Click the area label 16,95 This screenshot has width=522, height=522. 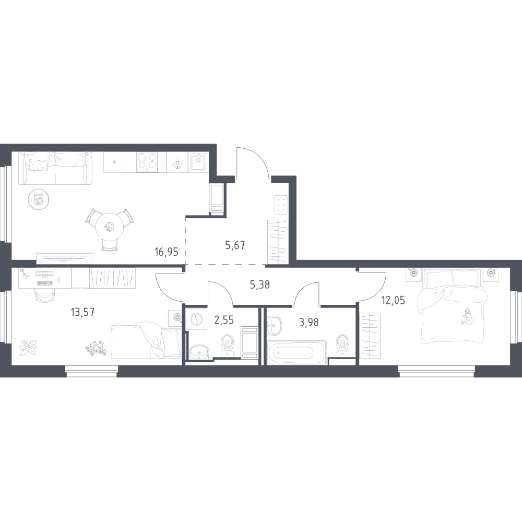click(167, 252)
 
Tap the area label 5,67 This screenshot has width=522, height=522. click(235, 246)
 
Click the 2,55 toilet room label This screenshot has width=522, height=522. click(224, 320)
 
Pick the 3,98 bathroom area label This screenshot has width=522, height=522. click(309, 322)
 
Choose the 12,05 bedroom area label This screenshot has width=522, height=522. click(394, 300)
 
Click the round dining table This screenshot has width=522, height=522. click(109, 227)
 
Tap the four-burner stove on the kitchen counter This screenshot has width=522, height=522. click(147, 162)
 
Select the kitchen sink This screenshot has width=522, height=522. click(199, 162)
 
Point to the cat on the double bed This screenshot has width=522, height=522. click(465, 316)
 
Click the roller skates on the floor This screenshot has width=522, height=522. click(96, 348)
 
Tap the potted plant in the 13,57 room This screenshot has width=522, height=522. click(28, 347)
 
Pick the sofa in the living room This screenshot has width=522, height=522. click(55, 169)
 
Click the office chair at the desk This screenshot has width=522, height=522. click(45, 295)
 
